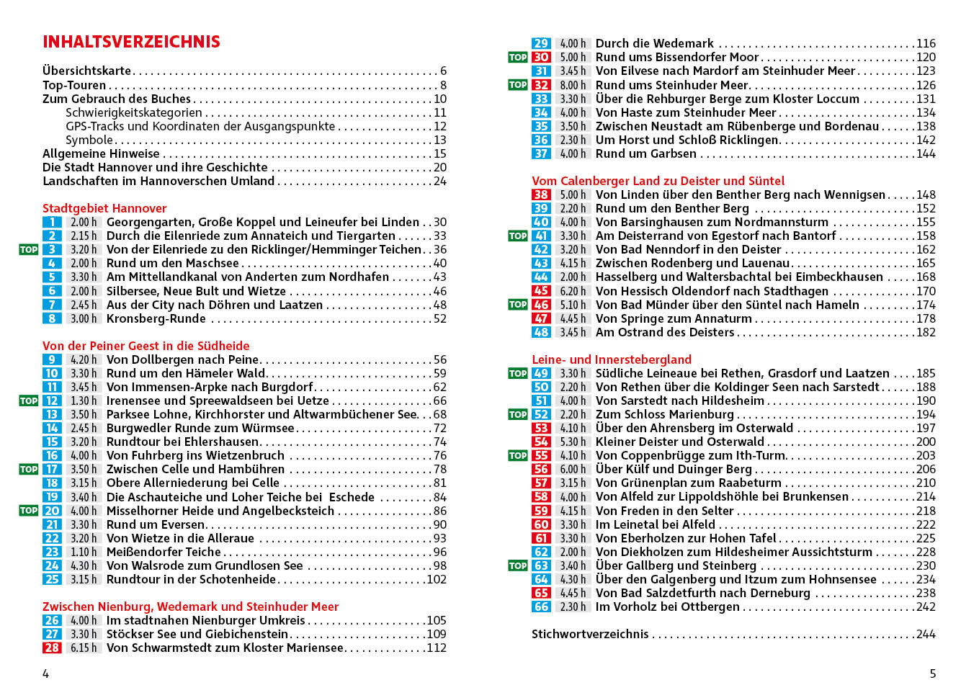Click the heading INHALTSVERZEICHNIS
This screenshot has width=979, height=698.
(x=131, y=42)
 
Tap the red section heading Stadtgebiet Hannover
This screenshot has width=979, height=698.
(x=104, y=208)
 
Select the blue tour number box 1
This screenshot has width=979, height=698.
(x=52, y=223)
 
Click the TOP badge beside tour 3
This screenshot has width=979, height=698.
(x=28, y=250)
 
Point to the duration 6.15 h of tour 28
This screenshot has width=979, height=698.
(x=84, y=648)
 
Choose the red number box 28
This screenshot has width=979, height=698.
(x=52, y=648)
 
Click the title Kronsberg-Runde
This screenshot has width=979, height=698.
(x=156, y=318)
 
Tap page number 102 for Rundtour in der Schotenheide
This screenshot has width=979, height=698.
(x=437, y=579)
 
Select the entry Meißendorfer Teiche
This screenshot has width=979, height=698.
(x=164, y=552)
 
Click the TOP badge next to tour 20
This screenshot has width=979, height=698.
(x=28, y=511)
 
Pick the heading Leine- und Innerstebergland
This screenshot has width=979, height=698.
(x=612, y=359)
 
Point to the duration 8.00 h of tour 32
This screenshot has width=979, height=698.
(x=573, y=85)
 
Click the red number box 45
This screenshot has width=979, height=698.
(x=541, y=291)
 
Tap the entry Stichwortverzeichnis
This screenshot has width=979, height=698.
(x=590, y=634)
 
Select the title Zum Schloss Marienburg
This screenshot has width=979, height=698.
(x=664, y=414)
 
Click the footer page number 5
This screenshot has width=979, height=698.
(x=932, y=674)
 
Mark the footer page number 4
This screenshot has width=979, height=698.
(x=46, y=674)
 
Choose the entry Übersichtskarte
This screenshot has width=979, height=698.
(x=87, y=71)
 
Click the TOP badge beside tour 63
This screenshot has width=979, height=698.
(x=517, y=566)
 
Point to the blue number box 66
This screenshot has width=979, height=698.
(x=541, y=607)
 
